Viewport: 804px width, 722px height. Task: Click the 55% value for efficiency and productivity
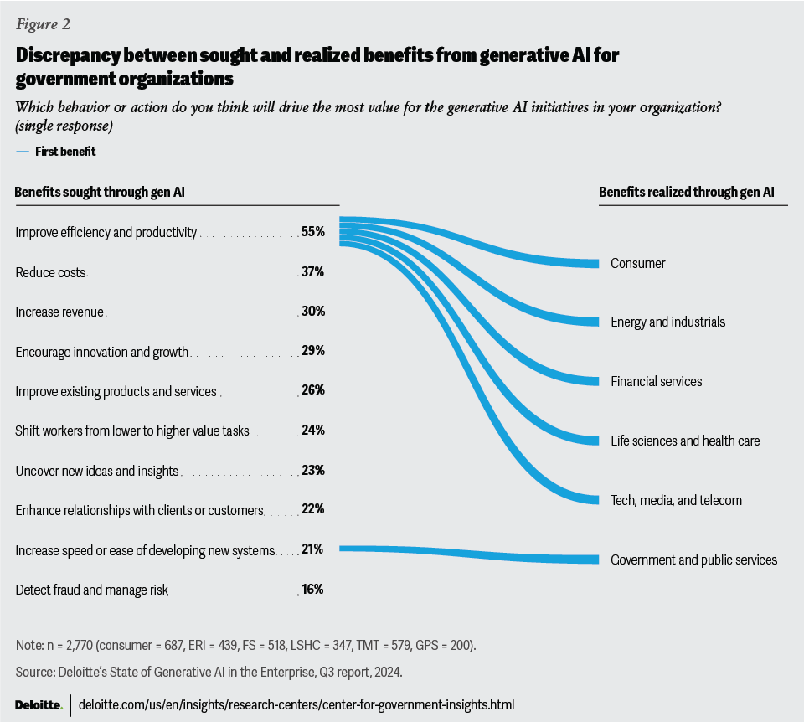(x=313, y=232)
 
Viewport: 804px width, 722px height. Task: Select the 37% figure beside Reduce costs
(x=313, y=272)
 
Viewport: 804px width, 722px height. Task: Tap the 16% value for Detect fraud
(x=313, y=590)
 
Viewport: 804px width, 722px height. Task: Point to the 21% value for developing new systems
(x=313, y=549)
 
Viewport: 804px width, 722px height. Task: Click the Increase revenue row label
(x=59, y=312)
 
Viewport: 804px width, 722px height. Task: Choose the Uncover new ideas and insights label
(x=97, y=471)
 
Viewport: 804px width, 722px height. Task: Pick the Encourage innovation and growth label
(x=102, y=352)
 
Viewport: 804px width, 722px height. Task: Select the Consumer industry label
(x=637, y=263)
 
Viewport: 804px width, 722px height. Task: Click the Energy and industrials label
(x=667, y=322)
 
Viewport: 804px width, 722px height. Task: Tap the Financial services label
(x=656, y=381)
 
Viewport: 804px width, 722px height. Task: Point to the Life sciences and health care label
(x=685, y=441)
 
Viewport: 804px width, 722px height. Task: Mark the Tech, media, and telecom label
(x=676, y=500)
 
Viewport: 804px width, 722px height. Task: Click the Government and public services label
(x=693, y=560)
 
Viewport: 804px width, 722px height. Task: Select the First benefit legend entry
(x=64, y=152)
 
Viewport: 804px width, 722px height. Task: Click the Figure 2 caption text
(x=43, y=23)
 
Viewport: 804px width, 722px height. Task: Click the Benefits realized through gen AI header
(x=686, y=193)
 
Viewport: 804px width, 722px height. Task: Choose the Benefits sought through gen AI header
(x=100, y=193)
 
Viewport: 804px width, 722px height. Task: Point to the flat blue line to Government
(x=469, y=554)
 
